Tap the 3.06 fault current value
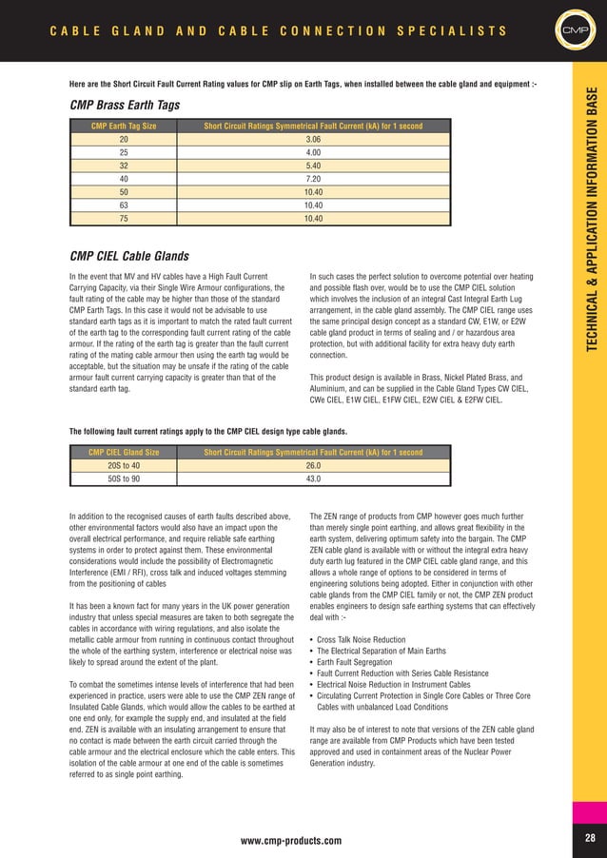[313, 139]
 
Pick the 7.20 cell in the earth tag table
[313, 179]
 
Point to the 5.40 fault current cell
[313, 166]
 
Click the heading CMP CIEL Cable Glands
[129, 256]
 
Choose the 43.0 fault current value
[313, 479]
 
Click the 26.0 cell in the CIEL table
[313, 466]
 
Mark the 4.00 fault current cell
[313, 152]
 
